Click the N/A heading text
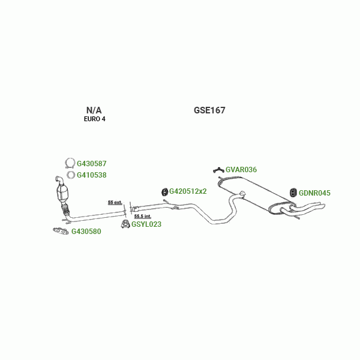(94, 110)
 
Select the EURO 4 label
(94, 119)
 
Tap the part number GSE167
(209, 110)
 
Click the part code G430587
(91, 163)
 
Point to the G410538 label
(91, 175)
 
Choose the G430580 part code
(86, 232)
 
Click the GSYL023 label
(146, 224)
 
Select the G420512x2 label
(188, 191)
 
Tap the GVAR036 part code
(241, 170)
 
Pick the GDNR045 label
(314, 193)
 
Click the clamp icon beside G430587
(70, 163)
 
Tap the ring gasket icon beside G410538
(71, 175)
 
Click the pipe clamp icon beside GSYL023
(125, 224)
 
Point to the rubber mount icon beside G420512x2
(164, 191)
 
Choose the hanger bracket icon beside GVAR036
(218, 170)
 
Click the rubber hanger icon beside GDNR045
(293, 192)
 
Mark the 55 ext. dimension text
(115, 202)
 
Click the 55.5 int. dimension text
(142, 216)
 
